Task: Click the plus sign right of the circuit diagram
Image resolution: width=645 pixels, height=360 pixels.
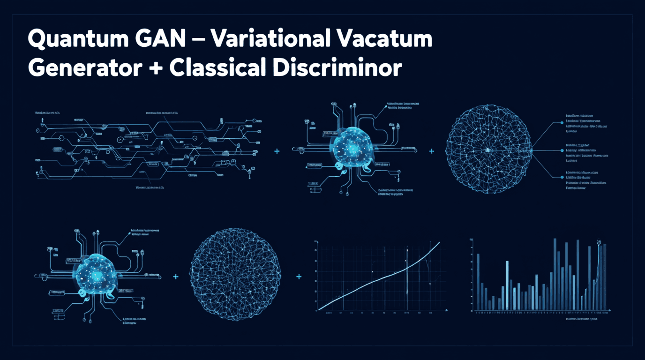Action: click(277, 151)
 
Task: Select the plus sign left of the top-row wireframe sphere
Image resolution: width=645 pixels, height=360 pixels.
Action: click(432, 151)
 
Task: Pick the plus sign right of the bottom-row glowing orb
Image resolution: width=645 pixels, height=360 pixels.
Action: click(176, 277)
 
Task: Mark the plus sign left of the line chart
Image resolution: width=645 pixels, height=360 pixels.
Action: click(299, 277)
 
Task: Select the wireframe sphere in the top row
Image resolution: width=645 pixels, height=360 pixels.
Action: click(488, 150)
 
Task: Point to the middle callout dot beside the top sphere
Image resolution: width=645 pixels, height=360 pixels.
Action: click(562, 150)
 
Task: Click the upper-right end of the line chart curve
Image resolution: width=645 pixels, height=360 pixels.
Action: click(439, 242)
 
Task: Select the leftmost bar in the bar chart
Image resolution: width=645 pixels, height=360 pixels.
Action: click(478, 281)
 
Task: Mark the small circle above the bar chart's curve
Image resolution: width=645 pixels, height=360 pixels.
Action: click(599, 242)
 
